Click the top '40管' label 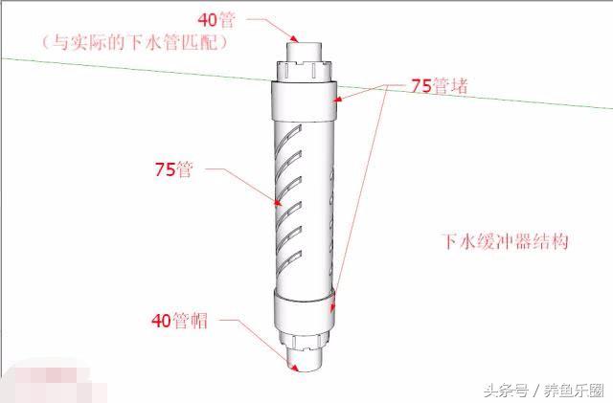pos(216,19)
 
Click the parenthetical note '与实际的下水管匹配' pos(136,43)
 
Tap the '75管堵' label pos(439,85)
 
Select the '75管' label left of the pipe pos(173,170)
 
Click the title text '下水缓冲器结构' pos(504,240)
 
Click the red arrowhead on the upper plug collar pos(336,97)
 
